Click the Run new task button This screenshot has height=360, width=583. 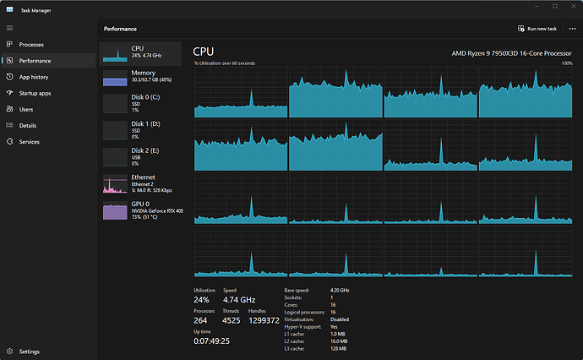pos(537,29)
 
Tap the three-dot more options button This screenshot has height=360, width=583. pos(572,29)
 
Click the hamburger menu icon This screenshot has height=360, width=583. pos(9,28)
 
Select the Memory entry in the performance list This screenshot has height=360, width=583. pos(140,78)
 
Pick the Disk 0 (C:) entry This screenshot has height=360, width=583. pos(140,103)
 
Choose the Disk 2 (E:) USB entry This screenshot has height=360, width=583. pos(140,156)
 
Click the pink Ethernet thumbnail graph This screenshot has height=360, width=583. pos(115,183)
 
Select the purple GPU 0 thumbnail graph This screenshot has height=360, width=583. pos(115,210)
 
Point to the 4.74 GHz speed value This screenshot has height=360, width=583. pos(239,300)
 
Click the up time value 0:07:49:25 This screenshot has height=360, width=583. pos(211,341)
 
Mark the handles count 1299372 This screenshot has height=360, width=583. pos(264,320)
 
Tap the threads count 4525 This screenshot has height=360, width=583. pos(231,320)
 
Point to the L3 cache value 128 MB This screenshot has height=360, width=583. pos(338,349)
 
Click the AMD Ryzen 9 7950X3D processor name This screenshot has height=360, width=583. pos(511,53)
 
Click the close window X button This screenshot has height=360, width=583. pos(574,6)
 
